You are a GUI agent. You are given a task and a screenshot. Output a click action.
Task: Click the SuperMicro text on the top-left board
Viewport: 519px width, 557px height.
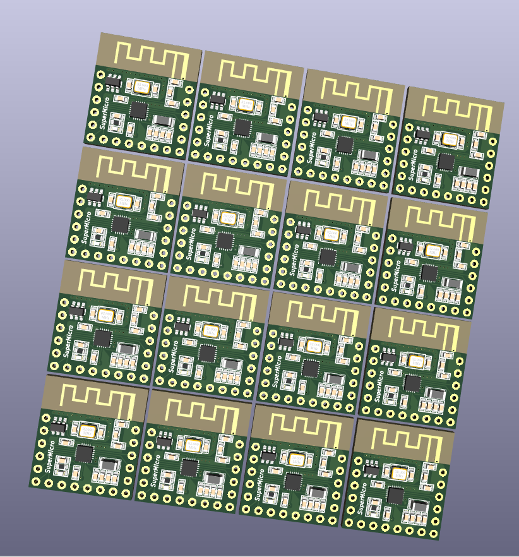click(105, 116)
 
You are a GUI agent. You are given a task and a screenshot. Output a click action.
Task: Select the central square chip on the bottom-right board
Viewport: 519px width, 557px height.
click(396, 496)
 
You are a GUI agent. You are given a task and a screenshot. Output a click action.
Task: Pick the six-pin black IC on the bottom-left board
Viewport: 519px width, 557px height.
click(58, 428)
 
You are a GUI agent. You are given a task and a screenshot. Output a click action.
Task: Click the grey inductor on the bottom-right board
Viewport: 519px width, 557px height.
click(421, 504)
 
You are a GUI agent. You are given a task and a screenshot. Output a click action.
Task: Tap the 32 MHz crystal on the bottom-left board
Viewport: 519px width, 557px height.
click(88, 431)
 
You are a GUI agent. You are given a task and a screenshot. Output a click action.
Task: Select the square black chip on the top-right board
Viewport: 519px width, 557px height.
click(446, 162)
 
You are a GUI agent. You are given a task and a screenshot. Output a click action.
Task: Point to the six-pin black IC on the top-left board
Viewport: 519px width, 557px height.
click(114, 81)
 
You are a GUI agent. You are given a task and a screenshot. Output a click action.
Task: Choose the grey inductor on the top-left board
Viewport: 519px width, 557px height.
click(163, 120)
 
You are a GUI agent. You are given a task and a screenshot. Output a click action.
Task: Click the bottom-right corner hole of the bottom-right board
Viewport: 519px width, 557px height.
click(435, 534)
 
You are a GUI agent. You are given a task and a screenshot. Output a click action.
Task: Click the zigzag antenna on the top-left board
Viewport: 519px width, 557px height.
click(152, 57)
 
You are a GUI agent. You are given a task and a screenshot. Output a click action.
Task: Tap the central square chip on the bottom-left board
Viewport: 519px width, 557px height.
click(84, 454)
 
